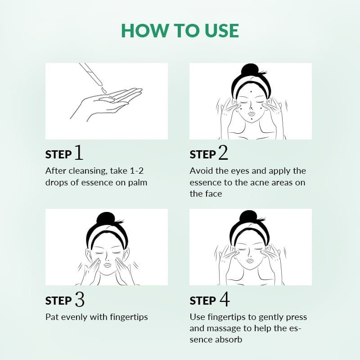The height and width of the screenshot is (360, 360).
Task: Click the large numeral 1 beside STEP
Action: tap(79, 152)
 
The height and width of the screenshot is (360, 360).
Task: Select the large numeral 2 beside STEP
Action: tap(223, 152)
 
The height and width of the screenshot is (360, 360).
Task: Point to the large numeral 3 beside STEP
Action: tap(80, 299)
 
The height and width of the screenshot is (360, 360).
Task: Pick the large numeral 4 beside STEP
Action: tap(225, 299)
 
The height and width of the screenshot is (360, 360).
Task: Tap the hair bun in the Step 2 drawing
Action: tap(250, 70)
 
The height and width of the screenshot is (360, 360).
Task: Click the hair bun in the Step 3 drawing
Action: tap(106, 219)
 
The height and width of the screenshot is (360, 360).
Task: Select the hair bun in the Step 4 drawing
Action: tap(248, 217)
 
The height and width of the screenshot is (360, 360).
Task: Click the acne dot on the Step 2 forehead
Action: tap(251, 91)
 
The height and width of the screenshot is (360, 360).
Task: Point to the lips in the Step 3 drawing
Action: tap(107, 265)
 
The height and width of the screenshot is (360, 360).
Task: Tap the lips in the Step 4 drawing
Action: tap(249, 261)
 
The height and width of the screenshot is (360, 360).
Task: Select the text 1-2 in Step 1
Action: tap(137, 171)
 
